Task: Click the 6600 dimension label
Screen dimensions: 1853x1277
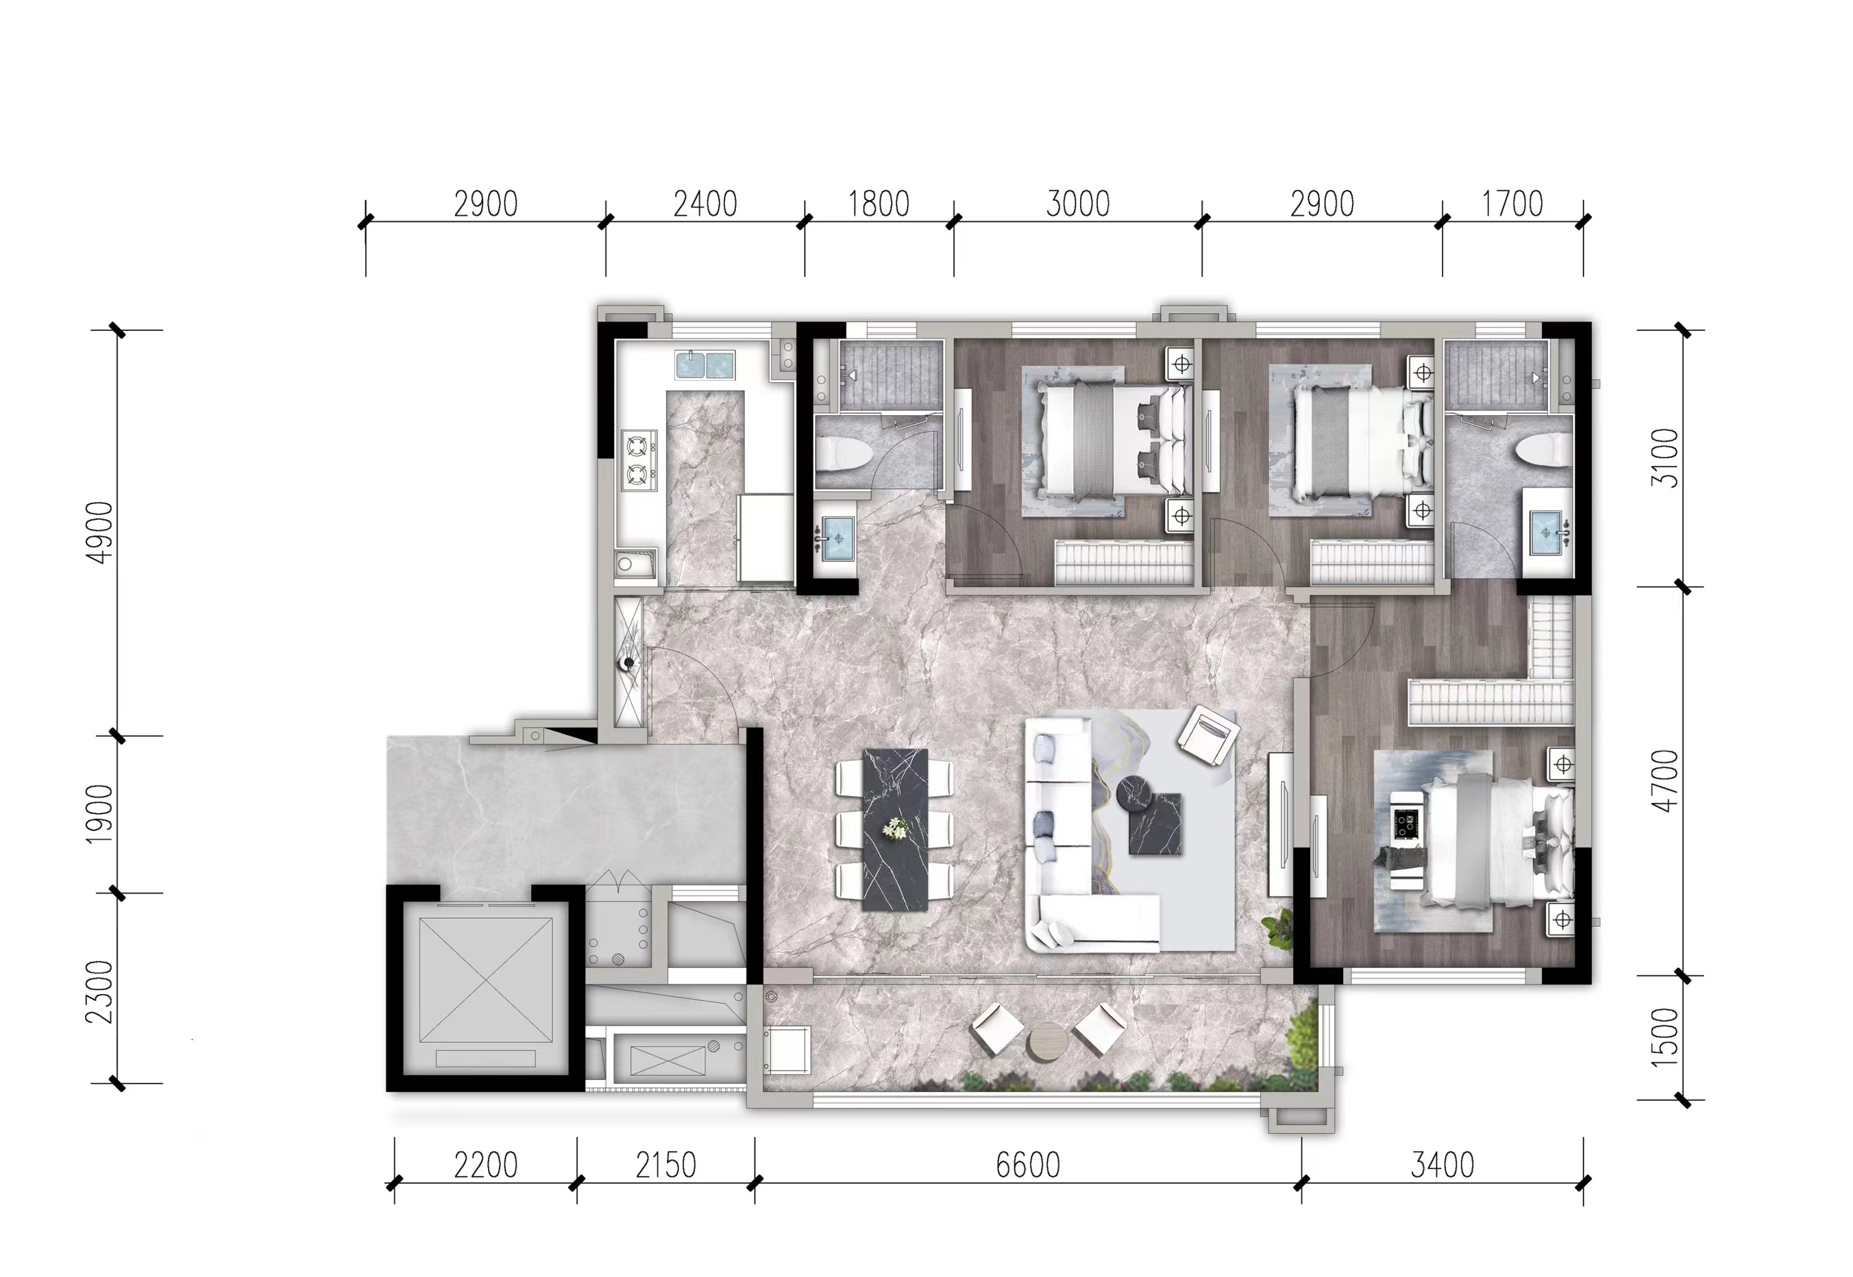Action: point(1028,1165)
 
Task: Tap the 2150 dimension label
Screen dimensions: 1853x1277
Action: point(666,1165)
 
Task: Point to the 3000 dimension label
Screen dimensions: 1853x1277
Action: point(1077,204)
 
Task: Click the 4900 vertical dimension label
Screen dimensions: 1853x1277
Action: point(100,533)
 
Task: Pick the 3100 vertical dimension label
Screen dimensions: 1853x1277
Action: point(1665,458)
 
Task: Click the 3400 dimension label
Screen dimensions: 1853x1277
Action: point(1443,1165)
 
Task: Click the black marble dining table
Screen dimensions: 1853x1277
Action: point(895,829)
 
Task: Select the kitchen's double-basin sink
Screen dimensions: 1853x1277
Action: point(704,366)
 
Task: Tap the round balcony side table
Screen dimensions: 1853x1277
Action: point(1048,1043)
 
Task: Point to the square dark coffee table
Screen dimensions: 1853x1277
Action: point(1155,824)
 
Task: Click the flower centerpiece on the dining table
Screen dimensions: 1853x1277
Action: point(894,829)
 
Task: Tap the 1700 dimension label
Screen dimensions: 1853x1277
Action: point(1512,204)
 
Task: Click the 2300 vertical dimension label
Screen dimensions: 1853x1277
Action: point(100,992)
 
